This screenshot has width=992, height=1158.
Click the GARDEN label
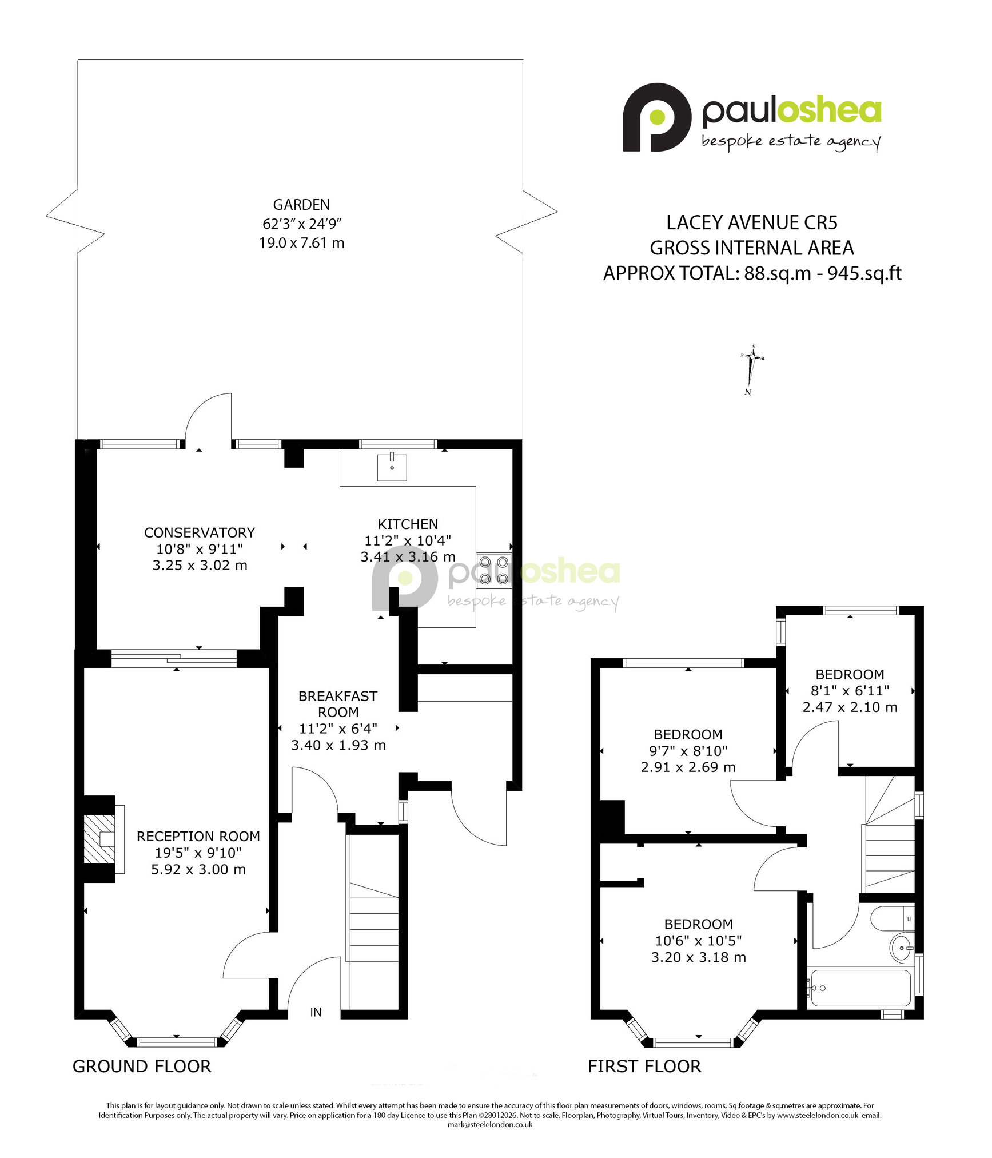coord(301,205)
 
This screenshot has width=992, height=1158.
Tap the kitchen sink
coord(392,467)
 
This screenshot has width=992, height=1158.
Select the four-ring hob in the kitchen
coord(494,571)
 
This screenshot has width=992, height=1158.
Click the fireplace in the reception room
coord(99,839)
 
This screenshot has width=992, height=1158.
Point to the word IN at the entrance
coord(316,1012)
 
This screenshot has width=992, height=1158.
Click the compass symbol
coord(751,369)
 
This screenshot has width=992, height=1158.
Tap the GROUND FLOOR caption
coord(142,1067)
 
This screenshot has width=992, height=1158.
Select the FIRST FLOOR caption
coord(644,1067)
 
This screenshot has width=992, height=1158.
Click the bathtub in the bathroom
coord(860,988)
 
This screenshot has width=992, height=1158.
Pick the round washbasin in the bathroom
coord(902,948)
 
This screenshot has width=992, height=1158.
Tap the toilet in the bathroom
coord(893,919)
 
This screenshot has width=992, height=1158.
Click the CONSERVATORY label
coord(200,532)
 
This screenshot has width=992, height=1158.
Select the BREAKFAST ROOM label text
coord(338,704)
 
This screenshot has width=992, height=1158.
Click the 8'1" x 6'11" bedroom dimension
coord(850,691)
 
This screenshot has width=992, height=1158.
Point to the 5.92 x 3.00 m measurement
coord(198,869)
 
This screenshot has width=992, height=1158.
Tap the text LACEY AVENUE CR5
coord(752,222)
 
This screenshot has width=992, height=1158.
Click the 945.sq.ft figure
coord(864,273)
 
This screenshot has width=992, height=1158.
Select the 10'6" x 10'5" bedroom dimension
coord(698,941)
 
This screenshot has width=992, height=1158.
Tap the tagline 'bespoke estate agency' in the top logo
coord(791,142)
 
